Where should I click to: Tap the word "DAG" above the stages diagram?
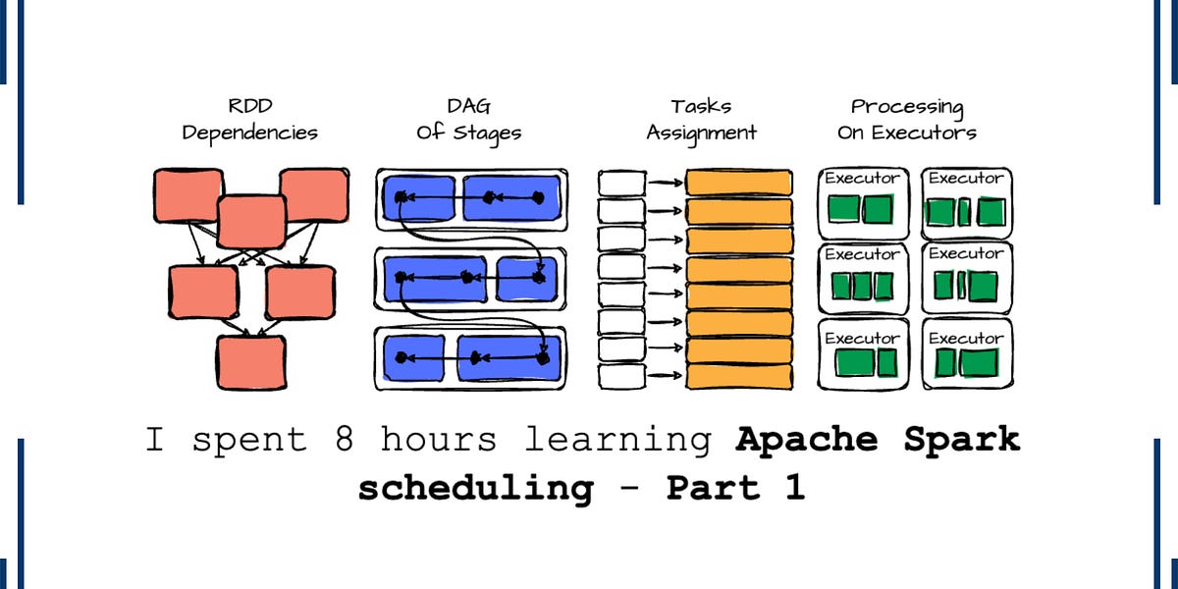pyautogui.click(x=468, y=106)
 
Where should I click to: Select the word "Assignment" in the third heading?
pyautogui.click(x=701, y=133)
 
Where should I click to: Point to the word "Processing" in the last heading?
pyautogui.click(x=907, y=106)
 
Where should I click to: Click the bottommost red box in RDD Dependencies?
pyautogui.click(x=251, y=362)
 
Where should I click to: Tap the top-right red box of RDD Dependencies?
pyautogui.click(x=313, y=193)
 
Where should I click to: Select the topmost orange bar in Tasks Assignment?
pyautogui.click(x=738, y=183)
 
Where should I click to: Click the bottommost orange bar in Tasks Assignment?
pyautogui.click(x=738, y=376)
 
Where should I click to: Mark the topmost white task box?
pyautogui.click(x=621, y=183)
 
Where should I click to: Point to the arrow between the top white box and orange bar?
pyautogui.click(x=665, y=183)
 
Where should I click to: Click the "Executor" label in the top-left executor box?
pyautogui.click(x=861, y=179)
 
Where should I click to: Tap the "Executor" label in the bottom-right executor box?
pyautogui.click(x=966, y=339)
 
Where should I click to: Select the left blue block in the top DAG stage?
pyautogui.click(x=419, y=198)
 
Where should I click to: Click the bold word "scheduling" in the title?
pyautogui.click(x=475, y=488)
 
